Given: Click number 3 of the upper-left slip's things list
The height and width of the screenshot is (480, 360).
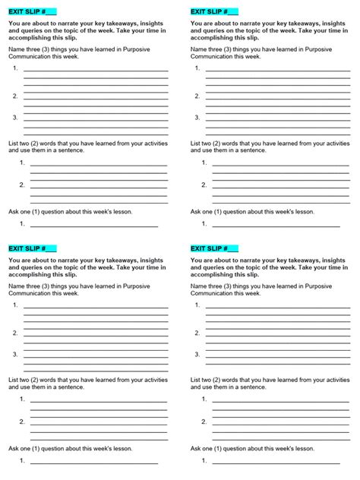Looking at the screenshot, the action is point(15,117).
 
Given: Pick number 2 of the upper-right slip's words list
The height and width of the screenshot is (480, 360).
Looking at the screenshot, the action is point(204,185).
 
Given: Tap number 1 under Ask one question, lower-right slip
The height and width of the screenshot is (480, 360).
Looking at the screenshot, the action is point(204,461).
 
